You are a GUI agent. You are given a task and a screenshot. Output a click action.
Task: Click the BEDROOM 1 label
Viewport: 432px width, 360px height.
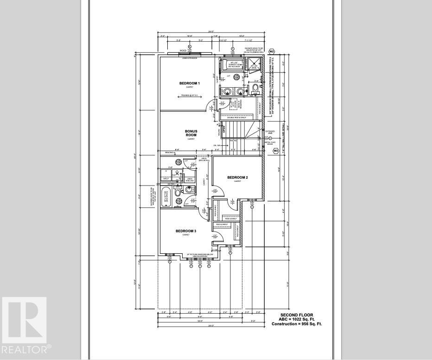[190, 84]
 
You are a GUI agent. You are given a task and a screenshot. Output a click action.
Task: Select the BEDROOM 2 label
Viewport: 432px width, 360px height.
[237, 178]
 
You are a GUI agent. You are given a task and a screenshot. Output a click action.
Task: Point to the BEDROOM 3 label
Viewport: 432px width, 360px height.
[186, 231]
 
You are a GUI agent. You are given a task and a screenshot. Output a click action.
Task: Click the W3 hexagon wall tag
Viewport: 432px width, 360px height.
[275, 151]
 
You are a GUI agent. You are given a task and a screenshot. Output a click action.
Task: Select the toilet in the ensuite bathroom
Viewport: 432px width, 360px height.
[255, 88]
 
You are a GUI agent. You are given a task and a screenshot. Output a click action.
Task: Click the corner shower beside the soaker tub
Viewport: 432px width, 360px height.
[254, 64]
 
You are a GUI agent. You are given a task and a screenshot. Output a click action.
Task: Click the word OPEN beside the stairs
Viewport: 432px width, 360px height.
[224, 130]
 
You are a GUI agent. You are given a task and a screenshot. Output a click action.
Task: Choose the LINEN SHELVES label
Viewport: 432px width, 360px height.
[189, 180]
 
